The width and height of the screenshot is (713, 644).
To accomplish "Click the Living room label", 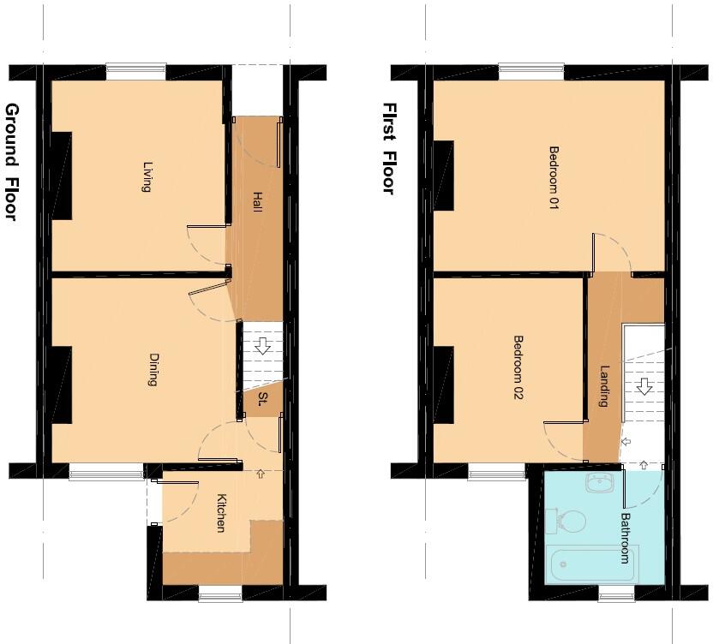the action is click(x=147, y=177).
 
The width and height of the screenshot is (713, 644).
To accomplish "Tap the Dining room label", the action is click(x=153, y=370).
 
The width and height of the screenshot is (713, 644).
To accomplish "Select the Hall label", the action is click(x=257, y=202).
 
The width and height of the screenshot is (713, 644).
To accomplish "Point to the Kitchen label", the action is click(x=221, y=513).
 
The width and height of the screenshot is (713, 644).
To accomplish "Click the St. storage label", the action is click(x=262, y=399).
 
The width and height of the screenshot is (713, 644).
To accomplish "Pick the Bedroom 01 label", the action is click(x=554, y=177).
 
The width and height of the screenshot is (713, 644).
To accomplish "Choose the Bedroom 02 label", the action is click(x=518, y=367).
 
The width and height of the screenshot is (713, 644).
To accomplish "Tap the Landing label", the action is click(x=604, y=386).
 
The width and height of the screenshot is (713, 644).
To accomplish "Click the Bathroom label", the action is click(x=626, y=538).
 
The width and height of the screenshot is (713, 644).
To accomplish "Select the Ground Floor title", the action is click(x=12, y=162).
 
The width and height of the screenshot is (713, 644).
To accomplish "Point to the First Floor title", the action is click(x=389, y=149).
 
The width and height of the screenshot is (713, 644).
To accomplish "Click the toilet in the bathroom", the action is click(x=566, y=521).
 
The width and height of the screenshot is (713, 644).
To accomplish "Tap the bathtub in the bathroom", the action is click(x=592, y=563).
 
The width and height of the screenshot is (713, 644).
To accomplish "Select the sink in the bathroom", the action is click(x=600, y=483).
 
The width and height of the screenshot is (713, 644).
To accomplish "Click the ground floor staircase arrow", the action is click(x=263, y=346).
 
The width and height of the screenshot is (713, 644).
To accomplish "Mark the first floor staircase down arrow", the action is click(x=644, y=386).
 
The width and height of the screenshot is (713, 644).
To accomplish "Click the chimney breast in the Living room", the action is click(x=62, y=176).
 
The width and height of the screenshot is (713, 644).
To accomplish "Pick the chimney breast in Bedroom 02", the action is click(x=443, y=385).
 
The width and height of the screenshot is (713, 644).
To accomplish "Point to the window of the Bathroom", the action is click(x=616, y=593).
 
